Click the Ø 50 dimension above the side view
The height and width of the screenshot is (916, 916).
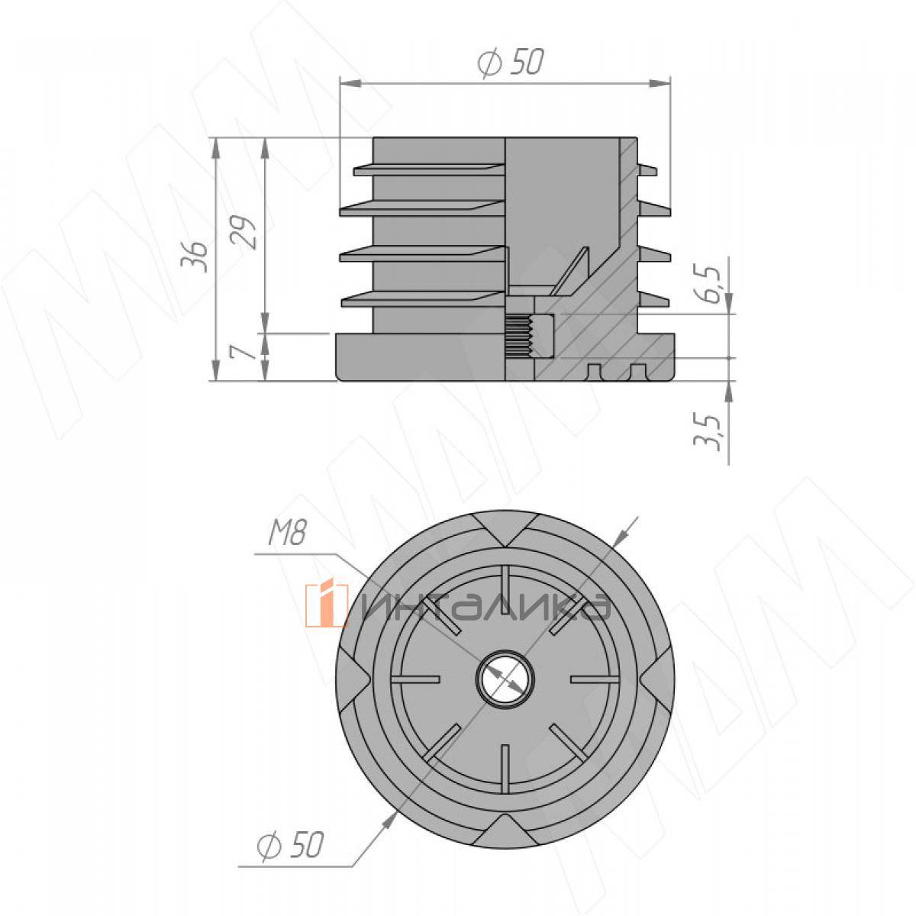point(510,63)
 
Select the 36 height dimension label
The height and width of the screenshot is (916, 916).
point(195,256)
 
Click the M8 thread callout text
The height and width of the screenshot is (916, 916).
point(287,533)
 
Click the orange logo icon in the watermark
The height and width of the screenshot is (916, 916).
point(327,605)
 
